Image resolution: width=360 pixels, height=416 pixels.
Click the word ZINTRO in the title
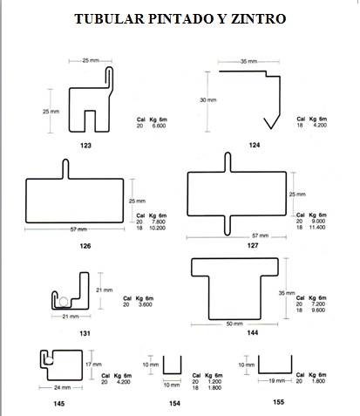tap(259, 19)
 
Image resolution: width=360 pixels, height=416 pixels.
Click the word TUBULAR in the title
tap(109, 19)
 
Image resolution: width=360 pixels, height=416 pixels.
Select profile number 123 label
tap(85, 146)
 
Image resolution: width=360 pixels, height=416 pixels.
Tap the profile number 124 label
tap(255, 145)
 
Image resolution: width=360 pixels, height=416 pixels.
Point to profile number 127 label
tap(253, 246)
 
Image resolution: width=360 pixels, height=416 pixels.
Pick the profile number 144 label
tap(253, 332)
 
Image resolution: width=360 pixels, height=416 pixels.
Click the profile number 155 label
tap(278, 402)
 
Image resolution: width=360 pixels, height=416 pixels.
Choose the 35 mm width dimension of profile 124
tap(248, 62)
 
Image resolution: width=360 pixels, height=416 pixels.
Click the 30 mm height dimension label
tap(208, 100)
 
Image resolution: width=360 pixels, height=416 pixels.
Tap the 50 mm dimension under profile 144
tap(234, 324)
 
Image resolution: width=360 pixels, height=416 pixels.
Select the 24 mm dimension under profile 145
tap(62, 387)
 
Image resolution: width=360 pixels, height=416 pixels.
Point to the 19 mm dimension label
tap(276, 380)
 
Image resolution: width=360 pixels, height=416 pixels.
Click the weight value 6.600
tap(159, 126)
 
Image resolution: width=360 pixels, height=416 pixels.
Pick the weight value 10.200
tap(157, 228)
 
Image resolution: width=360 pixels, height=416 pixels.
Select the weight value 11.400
tap(317, 228)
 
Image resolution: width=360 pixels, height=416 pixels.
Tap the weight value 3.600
tap(146, 304)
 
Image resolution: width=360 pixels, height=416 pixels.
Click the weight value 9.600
tap(318, 310)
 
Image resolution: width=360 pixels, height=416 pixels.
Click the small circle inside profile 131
tap(64, 302)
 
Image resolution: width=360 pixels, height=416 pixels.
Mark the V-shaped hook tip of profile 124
tap(271, 128)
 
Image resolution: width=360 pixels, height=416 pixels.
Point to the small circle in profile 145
tap(49, 361)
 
